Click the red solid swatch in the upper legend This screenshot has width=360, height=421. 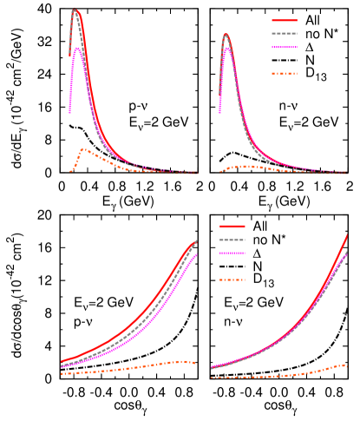(285, 20)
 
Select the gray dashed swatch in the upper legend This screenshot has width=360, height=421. (285, 34)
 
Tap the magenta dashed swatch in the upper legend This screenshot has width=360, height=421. (285, 48)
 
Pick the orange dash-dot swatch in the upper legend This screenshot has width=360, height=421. (285, 74)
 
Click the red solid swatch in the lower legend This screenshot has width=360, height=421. (232, 226)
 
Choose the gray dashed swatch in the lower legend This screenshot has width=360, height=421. (232, 240)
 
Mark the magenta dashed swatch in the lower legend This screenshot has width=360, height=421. (232, 253)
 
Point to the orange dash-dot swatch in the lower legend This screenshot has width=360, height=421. (232, 280)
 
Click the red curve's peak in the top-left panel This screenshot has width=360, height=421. (75, 10)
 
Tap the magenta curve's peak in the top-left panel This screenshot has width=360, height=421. (78, 48)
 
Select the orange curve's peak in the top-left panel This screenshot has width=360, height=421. (83, 148)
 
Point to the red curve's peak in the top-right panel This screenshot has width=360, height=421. (226, 35)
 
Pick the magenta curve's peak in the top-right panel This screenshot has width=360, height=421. (228, 49)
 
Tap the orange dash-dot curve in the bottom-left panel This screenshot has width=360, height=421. (130, 368)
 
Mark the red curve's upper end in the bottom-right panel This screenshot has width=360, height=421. (348, 234)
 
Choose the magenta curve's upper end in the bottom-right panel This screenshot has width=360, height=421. (347, 253)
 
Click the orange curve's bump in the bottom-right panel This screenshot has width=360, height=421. (342, 365)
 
